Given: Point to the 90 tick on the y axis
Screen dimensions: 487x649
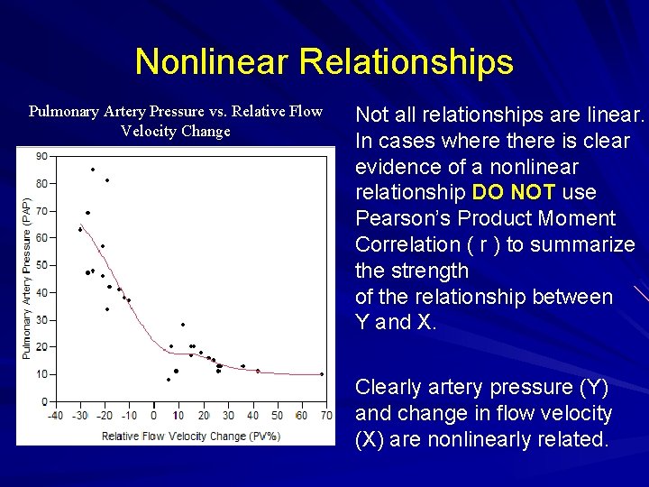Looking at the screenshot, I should pos(41,156).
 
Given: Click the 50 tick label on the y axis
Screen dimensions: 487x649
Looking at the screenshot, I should pos(41,265).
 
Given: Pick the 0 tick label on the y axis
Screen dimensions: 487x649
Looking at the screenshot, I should pos(44,401).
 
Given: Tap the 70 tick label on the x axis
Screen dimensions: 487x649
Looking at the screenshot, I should pos(325,416).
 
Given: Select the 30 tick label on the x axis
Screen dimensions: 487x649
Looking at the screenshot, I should pos(227,416).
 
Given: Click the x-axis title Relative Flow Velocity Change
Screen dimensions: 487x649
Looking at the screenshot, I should pos(190,436).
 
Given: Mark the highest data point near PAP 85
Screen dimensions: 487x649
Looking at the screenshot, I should pos(92,170).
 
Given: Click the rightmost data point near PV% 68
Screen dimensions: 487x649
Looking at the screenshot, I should pos(322,374).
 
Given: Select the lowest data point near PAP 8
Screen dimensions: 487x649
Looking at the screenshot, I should pos(169,380).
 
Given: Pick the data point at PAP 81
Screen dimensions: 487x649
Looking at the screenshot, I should pos(107,180).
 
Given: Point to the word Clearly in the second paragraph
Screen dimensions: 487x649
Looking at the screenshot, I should pos(388,388).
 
